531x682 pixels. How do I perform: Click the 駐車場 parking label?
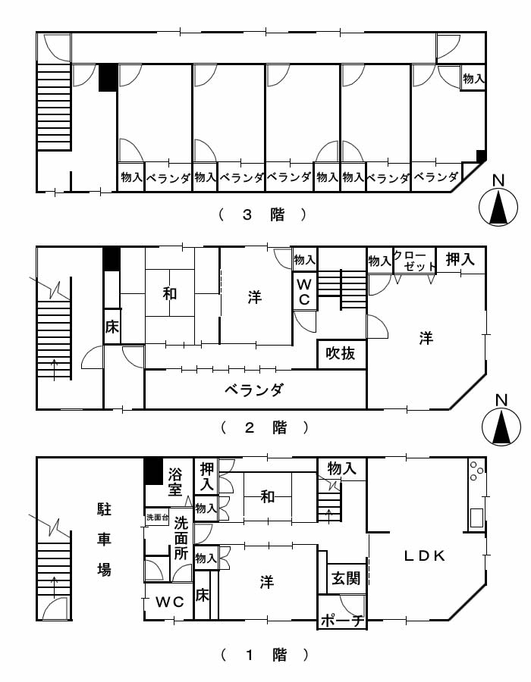coord(104,540)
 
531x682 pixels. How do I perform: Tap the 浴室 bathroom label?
coord(175,482)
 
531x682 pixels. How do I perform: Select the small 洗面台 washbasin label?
coord(157,518)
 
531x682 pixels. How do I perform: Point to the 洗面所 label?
coord(181,538)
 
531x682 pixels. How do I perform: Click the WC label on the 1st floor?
coord(170,602)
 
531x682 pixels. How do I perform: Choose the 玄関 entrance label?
coord(346,578)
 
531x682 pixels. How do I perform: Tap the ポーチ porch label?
coord(342,621)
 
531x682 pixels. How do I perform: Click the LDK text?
coord(425,555)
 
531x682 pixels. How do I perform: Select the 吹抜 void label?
coord(341,353)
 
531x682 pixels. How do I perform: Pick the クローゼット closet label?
coord(414,261)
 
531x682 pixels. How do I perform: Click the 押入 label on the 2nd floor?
coord(460,259)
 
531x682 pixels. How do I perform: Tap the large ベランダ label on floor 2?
coord(254,389)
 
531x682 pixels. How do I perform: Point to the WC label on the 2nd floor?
coord(304,292)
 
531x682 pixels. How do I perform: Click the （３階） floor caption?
coord(263,214)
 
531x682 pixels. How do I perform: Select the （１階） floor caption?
coord(265,655)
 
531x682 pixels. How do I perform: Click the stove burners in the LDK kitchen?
coord(476,471)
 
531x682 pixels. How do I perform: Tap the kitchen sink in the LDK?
coord(476,518)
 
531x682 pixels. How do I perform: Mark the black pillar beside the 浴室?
coord(153,471)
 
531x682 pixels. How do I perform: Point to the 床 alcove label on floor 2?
coord(112,326)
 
